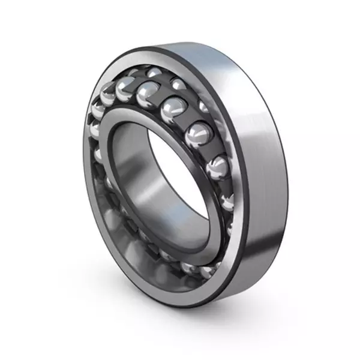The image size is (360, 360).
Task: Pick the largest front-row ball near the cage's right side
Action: pos(197,133)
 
